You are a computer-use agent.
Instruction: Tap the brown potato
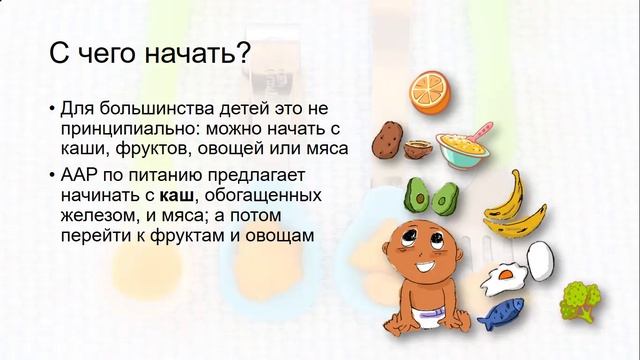388,143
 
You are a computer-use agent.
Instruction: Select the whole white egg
539,258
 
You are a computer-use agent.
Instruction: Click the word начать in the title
185,55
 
